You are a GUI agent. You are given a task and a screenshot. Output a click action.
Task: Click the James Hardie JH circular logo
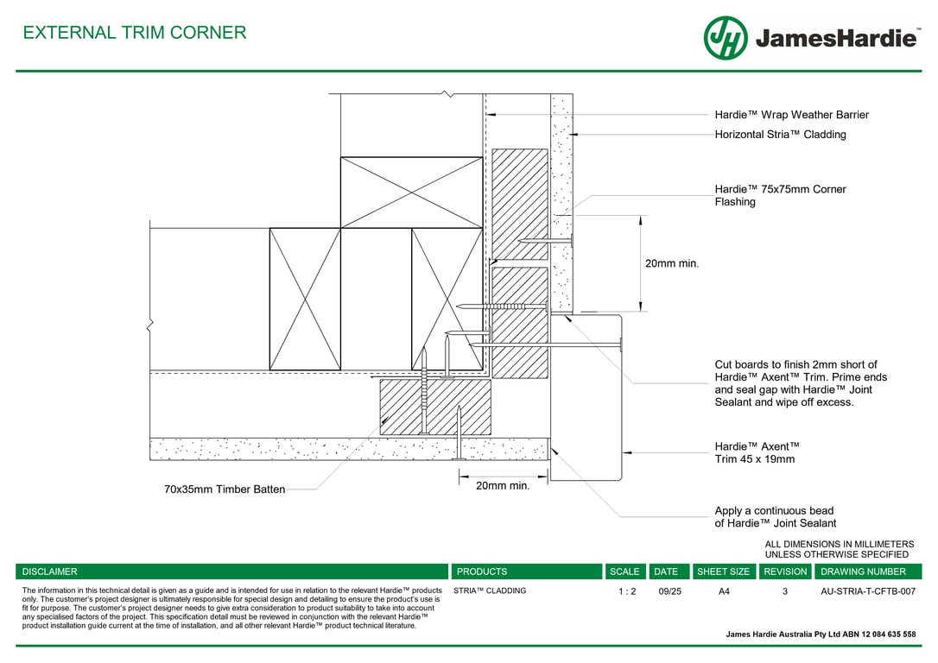click(726, 38)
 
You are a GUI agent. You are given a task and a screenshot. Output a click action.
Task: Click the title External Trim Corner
click(135, 32)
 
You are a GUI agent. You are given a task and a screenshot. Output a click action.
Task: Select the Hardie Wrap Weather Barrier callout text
click(791, 115)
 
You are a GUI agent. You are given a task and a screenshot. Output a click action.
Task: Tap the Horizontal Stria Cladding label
click(780, 135)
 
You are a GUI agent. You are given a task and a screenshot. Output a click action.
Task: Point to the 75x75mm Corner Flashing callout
click(780, 195)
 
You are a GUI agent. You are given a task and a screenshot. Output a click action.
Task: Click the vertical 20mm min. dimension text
click(672, 263)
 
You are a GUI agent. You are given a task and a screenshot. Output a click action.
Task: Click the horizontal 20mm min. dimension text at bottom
click(503, 486)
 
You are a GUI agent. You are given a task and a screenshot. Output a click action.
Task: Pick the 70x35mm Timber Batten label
click(225, 489)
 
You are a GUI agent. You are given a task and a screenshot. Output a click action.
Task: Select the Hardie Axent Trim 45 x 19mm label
click(757, 452)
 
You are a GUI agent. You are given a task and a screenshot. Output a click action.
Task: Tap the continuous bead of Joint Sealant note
click(776, 517)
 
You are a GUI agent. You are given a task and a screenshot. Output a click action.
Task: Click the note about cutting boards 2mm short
click(801, 383)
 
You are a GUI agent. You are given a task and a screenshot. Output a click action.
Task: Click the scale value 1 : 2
click(627, 591)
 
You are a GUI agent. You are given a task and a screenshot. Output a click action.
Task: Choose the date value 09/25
click(670, 591)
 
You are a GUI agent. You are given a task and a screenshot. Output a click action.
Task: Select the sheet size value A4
click(724, 591)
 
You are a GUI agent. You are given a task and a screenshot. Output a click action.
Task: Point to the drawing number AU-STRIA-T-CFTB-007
click(868, 591)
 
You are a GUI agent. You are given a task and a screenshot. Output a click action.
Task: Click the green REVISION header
click(785, 571)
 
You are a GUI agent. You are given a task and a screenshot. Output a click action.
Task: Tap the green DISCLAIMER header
click(232, 571)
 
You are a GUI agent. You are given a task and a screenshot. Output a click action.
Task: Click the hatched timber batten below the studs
click(435, 407)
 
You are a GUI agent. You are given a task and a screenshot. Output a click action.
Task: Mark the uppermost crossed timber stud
click(412, 193)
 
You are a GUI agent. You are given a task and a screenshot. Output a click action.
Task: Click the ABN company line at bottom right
click(821, 635)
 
